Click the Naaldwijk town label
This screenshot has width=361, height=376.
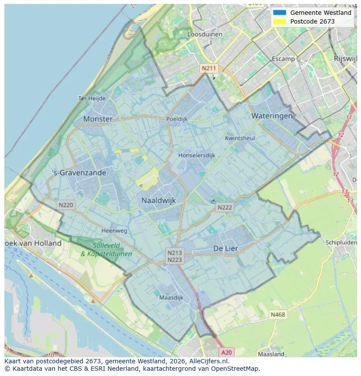point(158,200)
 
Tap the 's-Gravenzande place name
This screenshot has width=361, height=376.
point(79,172)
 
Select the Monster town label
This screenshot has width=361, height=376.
point(98,119)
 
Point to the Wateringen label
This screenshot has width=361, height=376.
point(272,116)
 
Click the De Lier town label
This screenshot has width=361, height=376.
point(225,248)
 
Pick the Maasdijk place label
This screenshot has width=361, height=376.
point(171,298)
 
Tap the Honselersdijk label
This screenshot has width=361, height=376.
point(197,155)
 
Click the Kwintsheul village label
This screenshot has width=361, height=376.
point(239,138)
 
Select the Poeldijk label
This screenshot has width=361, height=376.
point(177,119)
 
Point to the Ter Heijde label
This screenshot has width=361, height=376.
point(92,98)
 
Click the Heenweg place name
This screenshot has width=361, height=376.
point(114,231)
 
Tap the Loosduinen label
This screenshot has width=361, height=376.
point(204,34)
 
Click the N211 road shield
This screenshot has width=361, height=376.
point(208,69)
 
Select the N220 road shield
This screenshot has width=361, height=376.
point(66,204)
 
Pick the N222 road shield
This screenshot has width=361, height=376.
point(225,207)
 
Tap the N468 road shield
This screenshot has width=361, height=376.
point(278,314)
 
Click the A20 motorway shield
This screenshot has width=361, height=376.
point(226,352)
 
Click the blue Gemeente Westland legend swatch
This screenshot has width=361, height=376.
point(279,13)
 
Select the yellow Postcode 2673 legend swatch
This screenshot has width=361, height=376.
point(279,21)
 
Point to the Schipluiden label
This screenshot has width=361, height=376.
point(341,242)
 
